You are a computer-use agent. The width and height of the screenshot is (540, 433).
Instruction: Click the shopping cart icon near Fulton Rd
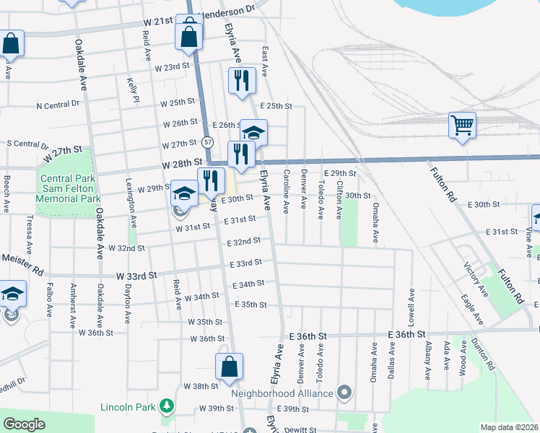coord(462,125)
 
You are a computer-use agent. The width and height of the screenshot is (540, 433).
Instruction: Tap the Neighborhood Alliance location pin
coord(344,393)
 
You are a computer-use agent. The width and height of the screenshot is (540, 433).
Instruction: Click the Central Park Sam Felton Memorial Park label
coord(70,188)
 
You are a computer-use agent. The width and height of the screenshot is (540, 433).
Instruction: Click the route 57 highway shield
coord(207,141)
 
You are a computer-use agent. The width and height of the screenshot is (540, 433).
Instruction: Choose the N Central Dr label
coord(58,105)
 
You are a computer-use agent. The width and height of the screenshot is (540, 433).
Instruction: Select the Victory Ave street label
coord(476,280)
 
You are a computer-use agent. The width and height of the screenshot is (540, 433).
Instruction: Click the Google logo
coord(24,424)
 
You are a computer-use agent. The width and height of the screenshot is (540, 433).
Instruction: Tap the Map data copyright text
coord(509,427)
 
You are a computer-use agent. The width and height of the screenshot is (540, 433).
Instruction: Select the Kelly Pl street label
coord(131,90)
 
